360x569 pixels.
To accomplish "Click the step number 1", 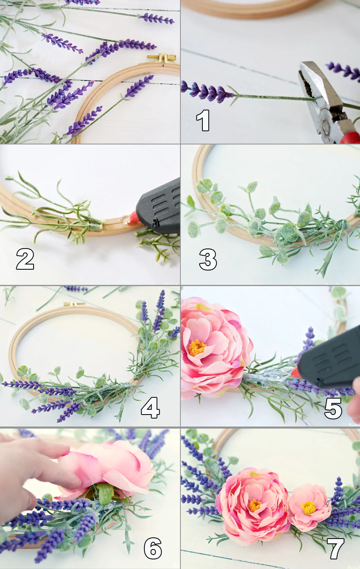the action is coord(203,120).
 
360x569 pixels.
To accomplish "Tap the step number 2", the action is coord(25,259).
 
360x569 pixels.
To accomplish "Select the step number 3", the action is coord(208,259).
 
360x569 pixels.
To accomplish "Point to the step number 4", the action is coord(150,407).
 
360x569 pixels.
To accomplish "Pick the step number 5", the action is coord(333,408).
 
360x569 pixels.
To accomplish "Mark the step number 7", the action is coord(335,548).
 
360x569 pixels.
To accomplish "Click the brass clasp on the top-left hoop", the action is coord(162,58).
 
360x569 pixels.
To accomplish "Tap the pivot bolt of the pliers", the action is coord(326,125).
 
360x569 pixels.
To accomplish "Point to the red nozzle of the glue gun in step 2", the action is coord(132,218).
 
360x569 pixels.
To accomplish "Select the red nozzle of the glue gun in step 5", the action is coord(296,373).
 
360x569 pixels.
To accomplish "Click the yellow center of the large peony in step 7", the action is coord(255,505).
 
